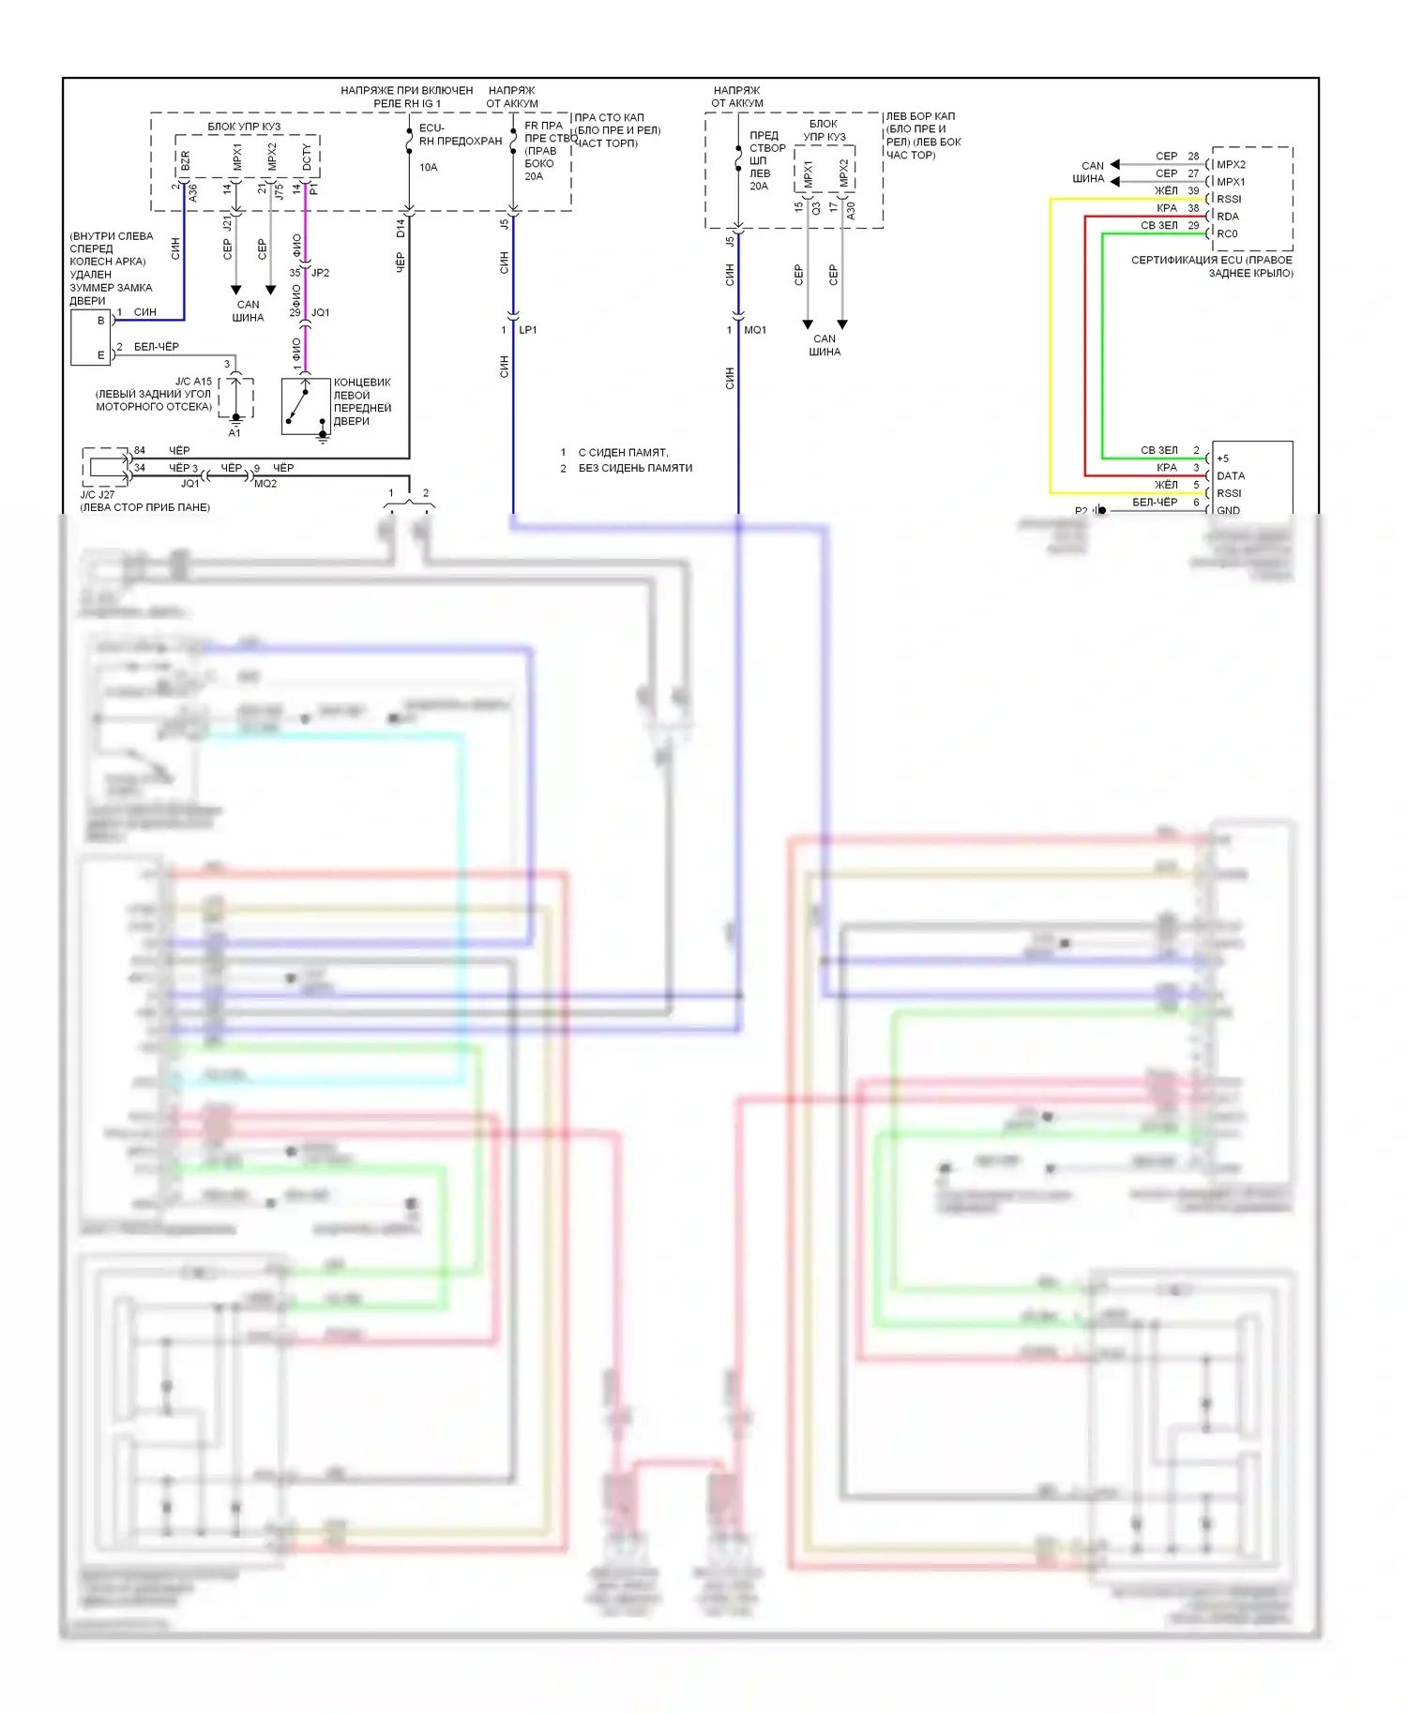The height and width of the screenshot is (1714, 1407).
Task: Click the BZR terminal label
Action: click(185, 161)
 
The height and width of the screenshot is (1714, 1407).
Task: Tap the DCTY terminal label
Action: click(307, 158)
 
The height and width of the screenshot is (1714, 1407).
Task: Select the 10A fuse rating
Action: click(428, 168)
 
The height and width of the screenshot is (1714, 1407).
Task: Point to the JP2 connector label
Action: click(320, 273)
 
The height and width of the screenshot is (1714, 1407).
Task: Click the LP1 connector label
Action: click(527, 330)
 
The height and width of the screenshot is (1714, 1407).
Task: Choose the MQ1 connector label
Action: click(754, 330)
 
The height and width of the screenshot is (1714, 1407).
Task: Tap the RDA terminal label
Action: click(1228, 217)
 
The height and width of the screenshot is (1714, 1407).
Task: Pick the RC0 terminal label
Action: click(1227, 234)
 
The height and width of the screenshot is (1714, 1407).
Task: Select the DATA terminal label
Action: click(1231, 476)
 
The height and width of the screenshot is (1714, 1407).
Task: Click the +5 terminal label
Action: click(1222, 459)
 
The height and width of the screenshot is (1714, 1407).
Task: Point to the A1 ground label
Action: click(234, 433)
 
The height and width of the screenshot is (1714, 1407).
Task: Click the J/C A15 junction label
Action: click(193, 382)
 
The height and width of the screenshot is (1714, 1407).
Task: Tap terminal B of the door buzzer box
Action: click(101, 321)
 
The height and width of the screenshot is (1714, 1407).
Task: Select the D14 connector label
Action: click(401, 227)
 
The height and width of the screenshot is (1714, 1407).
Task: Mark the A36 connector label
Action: click(193, 193)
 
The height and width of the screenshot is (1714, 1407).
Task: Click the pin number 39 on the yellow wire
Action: click(1193, 191)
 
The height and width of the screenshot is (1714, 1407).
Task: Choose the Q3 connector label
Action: click(816, 208)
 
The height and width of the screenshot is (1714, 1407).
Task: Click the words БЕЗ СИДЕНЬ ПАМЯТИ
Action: click(635, 468)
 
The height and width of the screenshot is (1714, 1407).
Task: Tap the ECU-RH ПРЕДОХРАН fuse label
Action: click(460, 135)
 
